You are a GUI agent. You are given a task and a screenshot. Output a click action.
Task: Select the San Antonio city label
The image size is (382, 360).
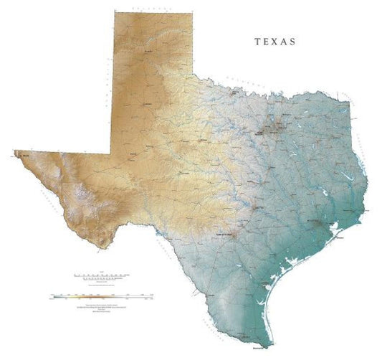pos(222,235)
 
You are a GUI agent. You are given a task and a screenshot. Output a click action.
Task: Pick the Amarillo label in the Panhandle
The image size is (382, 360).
pos(149,52)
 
